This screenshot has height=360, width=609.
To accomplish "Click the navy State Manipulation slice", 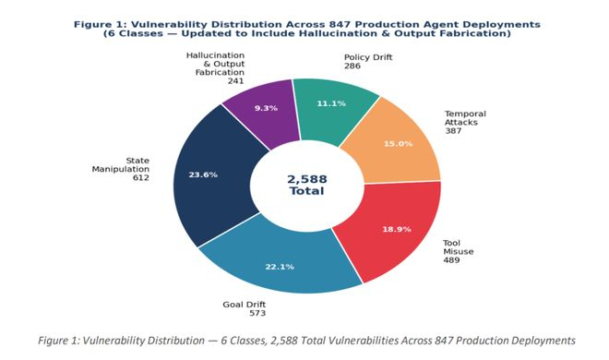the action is [209, 174].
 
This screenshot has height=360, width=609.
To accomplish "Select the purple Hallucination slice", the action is [264, 111].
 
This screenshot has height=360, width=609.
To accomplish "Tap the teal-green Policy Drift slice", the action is [333, 109].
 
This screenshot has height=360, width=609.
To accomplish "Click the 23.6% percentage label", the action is [203, 174].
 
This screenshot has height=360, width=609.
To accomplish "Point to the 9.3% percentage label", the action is [266, 108].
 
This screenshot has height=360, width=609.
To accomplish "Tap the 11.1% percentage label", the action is [331, 103].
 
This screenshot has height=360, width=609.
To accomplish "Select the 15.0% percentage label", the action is [398, 144].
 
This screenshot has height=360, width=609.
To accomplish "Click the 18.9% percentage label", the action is [397, 229].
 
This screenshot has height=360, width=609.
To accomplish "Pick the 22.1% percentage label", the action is [280, 267].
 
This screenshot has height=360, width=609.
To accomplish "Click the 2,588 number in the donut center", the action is [307, 179].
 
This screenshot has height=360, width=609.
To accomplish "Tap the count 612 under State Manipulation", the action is [141, 178].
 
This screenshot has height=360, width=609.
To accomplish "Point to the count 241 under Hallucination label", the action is [236, 81].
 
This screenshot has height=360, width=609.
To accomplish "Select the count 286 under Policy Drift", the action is [352, 66].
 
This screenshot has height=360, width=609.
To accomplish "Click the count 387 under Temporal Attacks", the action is [453, 131].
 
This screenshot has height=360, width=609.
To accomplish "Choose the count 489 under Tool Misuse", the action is [452, 260].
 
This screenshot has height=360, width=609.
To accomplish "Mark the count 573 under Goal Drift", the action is [257, 313].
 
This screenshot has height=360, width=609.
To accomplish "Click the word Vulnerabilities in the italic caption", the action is [364, 341].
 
